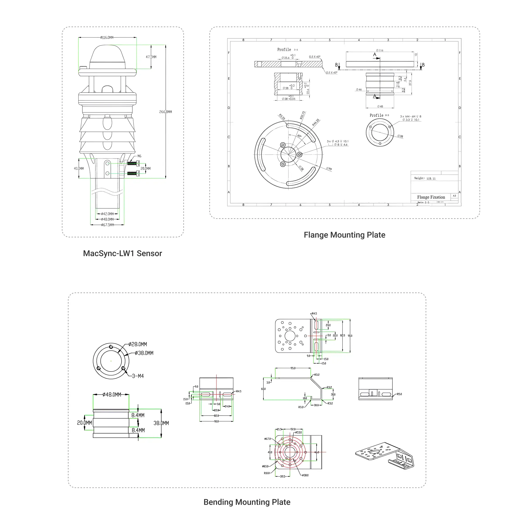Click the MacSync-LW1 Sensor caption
pos(122,253)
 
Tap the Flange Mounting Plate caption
pos(344,235)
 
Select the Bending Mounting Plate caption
pos(247,502)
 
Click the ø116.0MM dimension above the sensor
pos(107,37)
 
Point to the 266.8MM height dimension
pos(166,112)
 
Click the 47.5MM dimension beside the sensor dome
pos(151,57)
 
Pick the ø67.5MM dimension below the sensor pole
pos(107,225)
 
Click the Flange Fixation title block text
pos(431,197)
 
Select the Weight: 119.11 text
pos(425,178)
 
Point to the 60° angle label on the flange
pos(299,136)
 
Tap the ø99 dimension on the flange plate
pos(329,169)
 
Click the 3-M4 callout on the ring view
pos(138,376)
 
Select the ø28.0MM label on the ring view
pos(138,344)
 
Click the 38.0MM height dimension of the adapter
pos(161,423)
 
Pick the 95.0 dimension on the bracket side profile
pos(293,368)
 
